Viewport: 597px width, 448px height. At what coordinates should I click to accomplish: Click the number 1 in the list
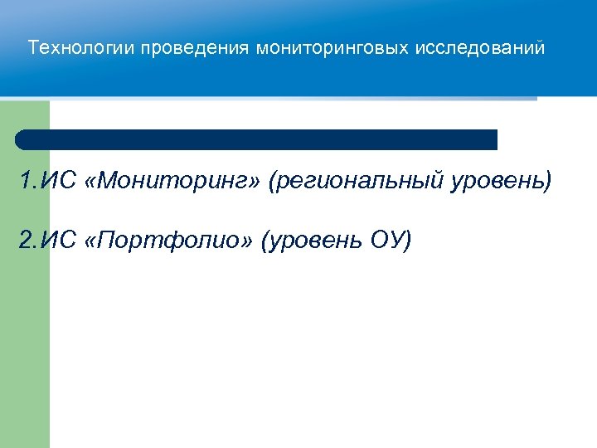click(27, 181)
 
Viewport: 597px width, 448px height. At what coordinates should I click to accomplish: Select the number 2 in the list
click(27, 241)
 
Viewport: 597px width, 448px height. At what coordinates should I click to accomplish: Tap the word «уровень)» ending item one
click(501, 181)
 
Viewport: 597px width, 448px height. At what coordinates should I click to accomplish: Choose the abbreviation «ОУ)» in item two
click(388, 241)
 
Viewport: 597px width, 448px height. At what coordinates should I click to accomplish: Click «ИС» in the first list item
click(57, 181)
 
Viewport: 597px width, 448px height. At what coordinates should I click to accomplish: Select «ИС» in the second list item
click(57, 241)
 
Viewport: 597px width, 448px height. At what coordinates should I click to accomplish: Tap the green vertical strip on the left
click(24, 332)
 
